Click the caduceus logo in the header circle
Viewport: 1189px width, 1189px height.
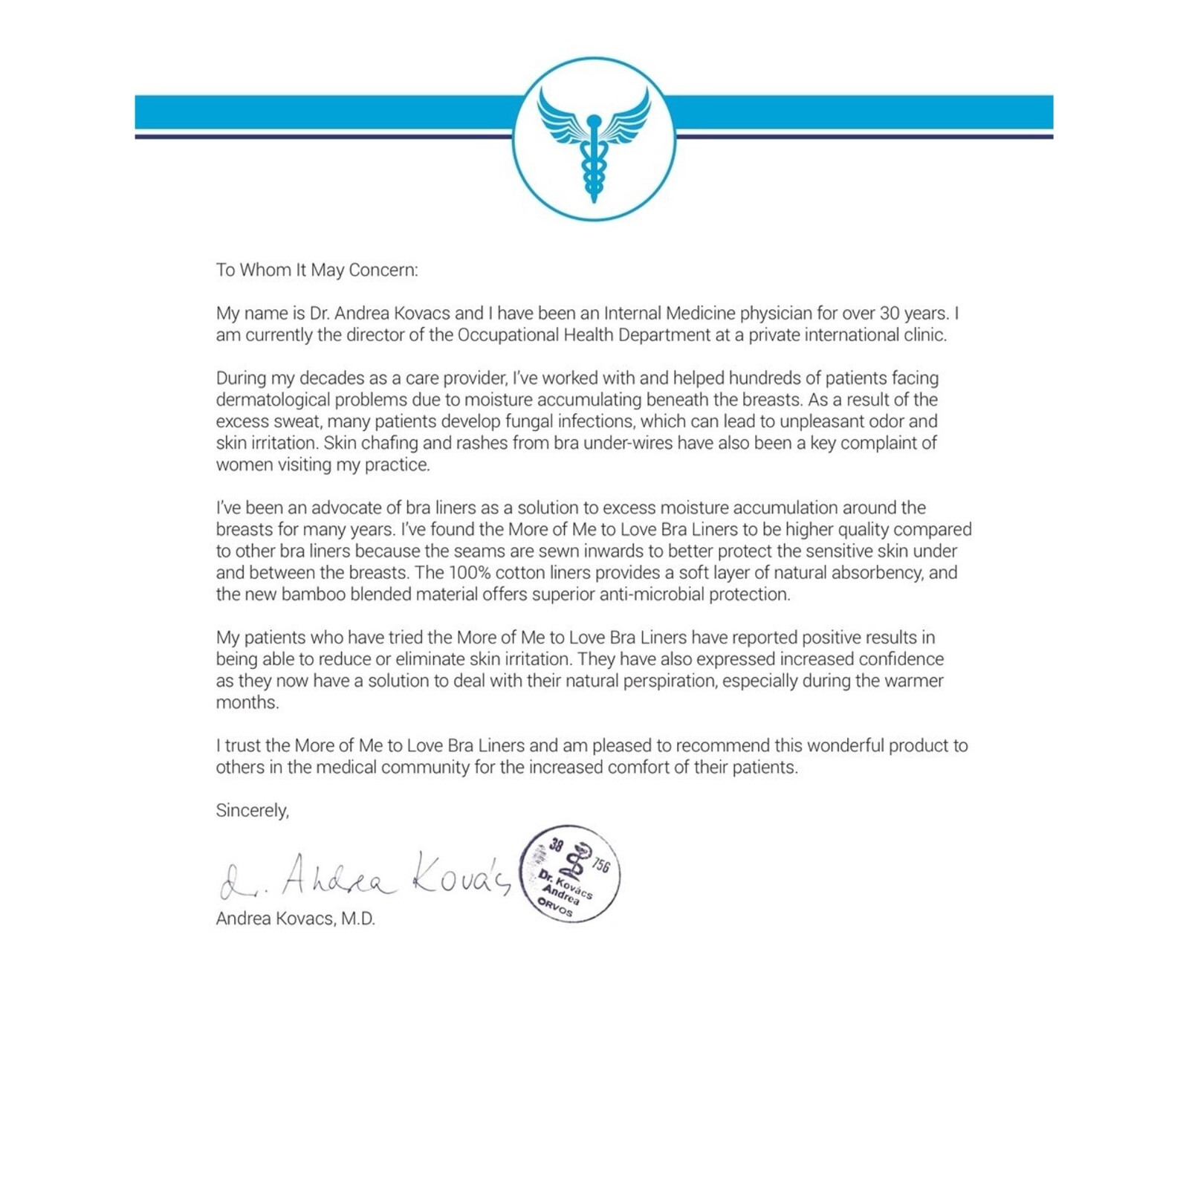tap(594, 141)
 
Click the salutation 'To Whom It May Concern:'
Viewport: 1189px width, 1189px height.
tap(317, 270)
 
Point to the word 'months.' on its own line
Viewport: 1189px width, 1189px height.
tap(247, 702)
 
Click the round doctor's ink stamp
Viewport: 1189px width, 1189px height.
tap(570, 873)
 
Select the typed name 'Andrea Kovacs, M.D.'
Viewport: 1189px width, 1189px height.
tap(296, 919)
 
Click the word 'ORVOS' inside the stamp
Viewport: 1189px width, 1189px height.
tap(556, 907)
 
